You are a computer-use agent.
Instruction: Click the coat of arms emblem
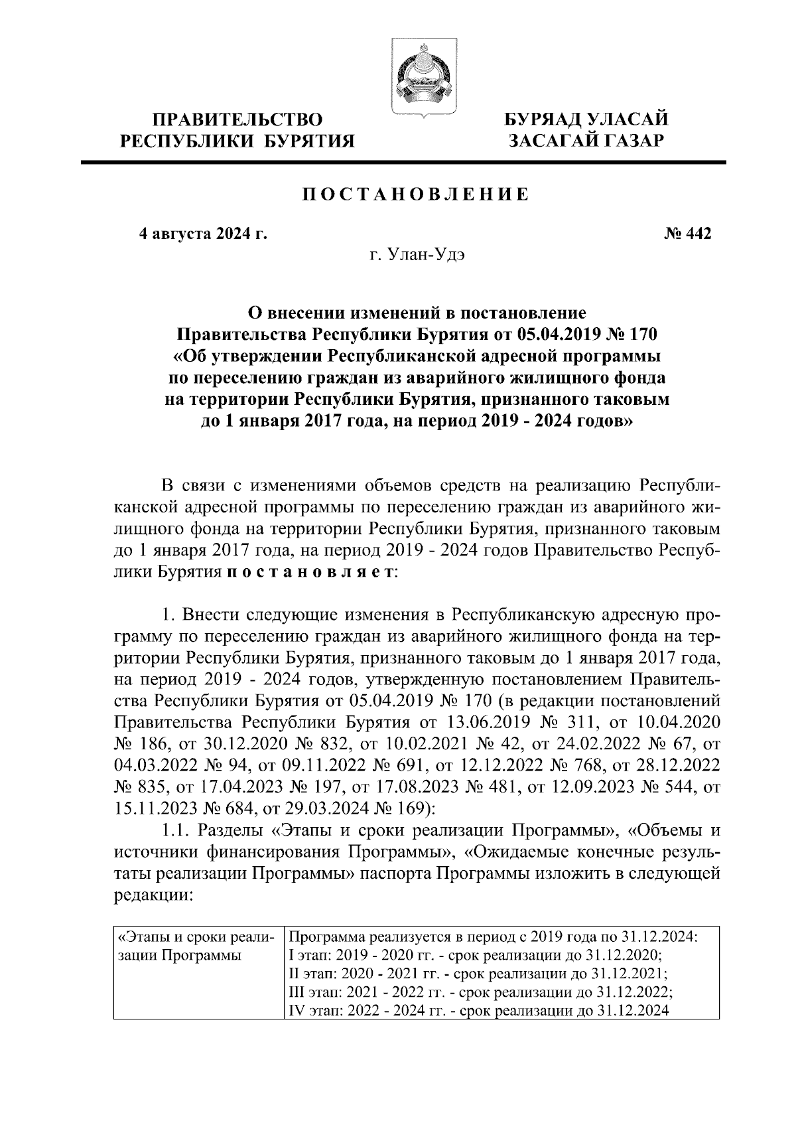(422, 79)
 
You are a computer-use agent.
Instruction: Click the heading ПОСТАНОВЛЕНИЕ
(416, 194)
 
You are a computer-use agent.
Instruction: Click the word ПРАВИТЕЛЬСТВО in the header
(237, 120)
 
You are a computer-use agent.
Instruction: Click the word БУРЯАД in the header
(543, 120)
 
